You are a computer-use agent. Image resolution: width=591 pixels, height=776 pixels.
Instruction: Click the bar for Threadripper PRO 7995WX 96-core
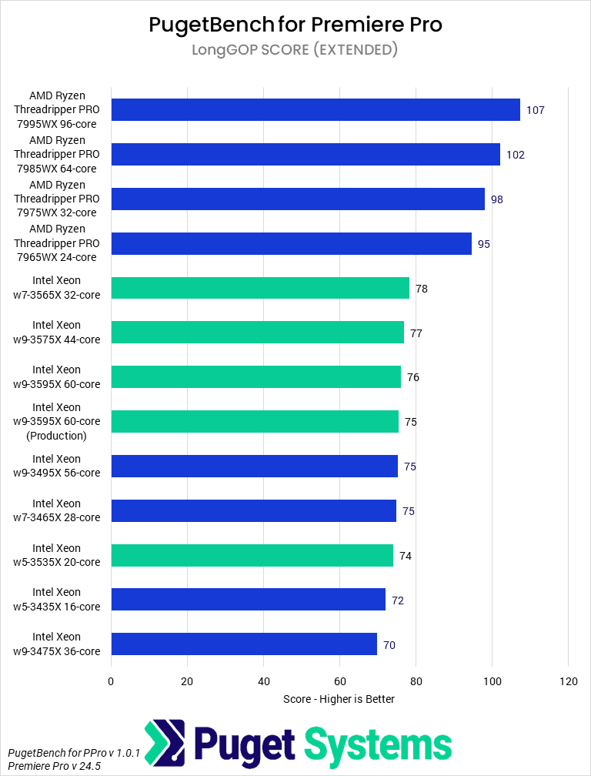(316, 110)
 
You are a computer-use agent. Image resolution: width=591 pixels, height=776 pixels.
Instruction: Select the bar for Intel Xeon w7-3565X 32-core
(260, 288)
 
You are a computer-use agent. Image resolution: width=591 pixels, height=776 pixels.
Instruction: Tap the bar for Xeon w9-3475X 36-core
(244, 644)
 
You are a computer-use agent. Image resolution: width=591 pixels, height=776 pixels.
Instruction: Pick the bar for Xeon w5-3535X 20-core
(252, 555)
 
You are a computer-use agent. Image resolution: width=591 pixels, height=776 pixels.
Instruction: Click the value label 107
(536, 110)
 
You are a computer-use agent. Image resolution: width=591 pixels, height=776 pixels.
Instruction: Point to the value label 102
(516, 155)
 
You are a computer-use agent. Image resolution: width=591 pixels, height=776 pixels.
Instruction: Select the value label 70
(389, 645)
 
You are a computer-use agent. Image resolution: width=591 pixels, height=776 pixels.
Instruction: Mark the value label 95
(484, 244)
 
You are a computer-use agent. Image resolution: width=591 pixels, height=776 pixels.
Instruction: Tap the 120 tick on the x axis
(568, 681)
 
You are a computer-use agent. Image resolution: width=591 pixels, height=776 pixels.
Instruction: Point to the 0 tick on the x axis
(111, 681)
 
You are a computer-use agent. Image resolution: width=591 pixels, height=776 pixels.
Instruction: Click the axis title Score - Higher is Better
(339, 699)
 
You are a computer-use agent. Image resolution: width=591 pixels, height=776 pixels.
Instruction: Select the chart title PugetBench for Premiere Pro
(295, 25)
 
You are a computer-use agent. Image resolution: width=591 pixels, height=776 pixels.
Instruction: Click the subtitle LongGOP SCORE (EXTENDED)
(295, 51)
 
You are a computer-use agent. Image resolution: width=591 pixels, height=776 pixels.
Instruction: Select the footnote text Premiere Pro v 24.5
(54, 767)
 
